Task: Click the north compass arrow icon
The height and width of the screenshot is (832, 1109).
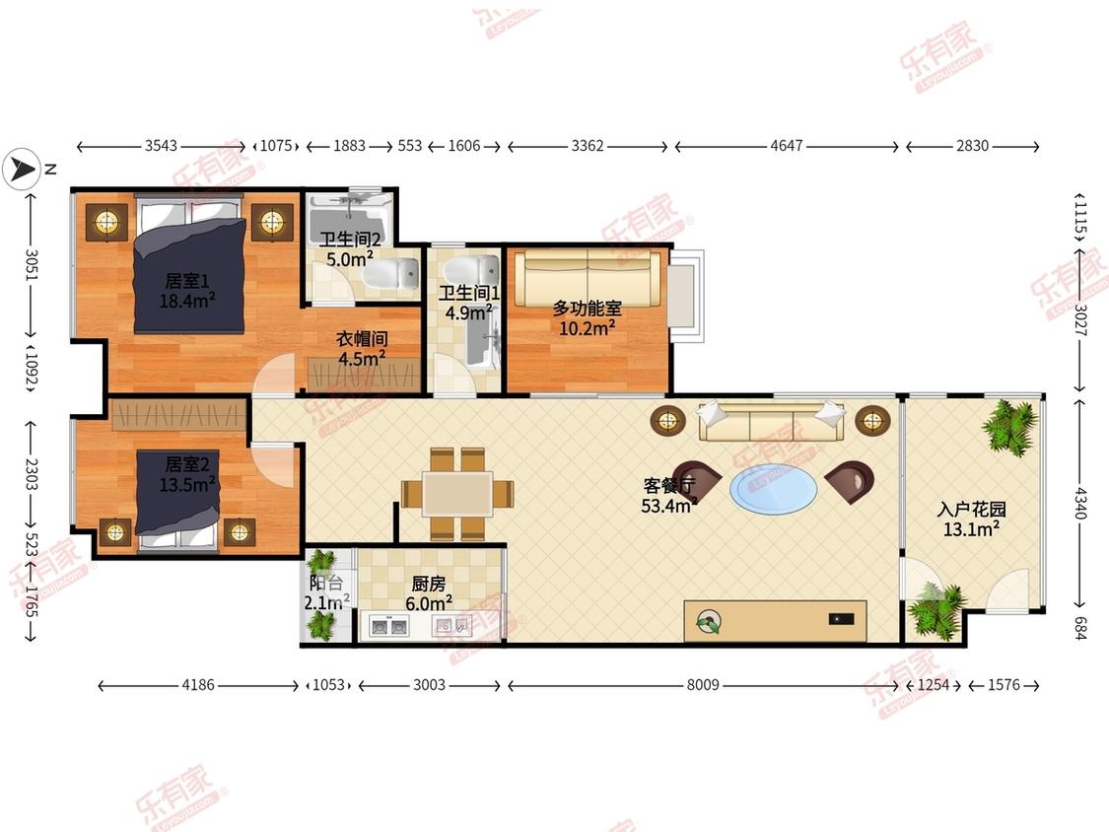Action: point(22,170)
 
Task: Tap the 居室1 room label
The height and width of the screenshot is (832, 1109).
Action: point(187,281)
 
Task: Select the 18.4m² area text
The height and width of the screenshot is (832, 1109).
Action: point(187,301)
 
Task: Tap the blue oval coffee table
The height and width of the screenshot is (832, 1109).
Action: point(773,488)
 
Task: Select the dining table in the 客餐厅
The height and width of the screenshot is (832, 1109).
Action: point(457,493)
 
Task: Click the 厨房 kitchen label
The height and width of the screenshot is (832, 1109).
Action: point(429,584)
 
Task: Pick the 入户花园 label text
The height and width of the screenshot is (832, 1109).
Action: point(971,510)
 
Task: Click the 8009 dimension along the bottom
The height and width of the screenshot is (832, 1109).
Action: point(703,685)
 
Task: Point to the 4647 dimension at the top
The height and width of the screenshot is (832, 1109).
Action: point(787,146)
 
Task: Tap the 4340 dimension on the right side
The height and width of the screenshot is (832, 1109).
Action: point(1079,503)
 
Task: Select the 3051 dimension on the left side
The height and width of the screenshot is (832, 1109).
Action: point(32,264)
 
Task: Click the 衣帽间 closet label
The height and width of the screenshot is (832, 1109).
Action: point(362,339)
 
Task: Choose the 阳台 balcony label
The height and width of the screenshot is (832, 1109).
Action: point(326,584)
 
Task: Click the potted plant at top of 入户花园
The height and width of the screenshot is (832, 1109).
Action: point(1009,427)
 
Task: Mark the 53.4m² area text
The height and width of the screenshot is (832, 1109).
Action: point(669,506)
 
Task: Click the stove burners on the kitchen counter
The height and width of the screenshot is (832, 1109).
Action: point(389,627)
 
